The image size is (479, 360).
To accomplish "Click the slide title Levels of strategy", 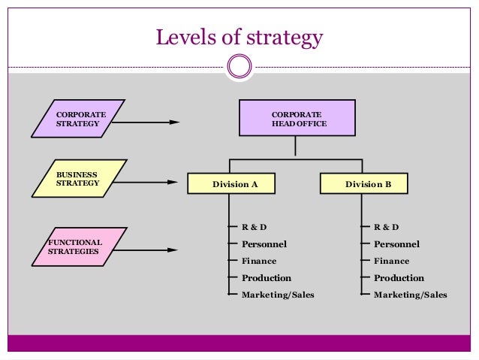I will (239, 37).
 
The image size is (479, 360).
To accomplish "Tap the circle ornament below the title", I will (239, 68).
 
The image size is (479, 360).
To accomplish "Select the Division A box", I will (231, 183).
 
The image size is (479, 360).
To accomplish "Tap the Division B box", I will (364, 183).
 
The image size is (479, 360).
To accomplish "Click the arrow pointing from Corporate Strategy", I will (148, 121).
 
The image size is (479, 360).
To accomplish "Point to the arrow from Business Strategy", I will (148, 182).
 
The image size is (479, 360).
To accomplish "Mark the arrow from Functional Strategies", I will (148, 250).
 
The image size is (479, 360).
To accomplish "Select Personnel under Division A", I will (264, 244).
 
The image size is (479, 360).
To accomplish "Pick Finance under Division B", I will (391, 261).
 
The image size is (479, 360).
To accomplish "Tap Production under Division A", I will (266, 278).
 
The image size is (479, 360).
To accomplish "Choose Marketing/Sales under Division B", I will (410, 295).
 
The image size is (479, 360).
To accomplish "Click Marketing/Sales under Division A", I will (277, 295).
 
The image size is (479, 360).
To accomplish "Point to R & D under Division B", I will (385, 227).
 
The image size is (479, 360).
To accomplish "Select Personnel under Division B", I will (396, 244).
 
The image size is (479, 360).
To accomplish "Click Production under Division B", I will (399, 278).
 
